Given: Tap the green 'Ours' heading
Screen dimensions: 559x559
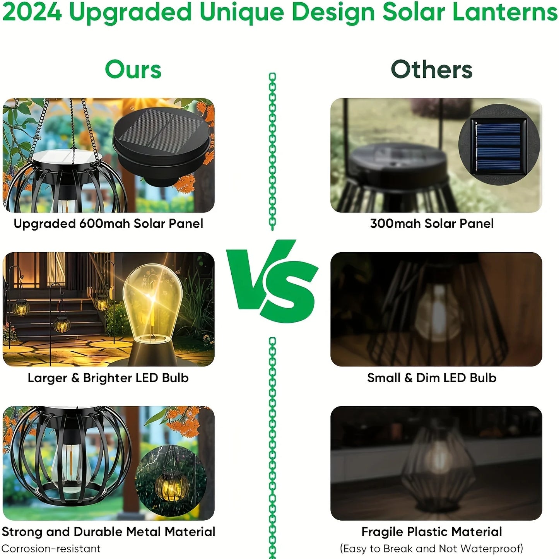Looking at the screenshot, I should point(133,70).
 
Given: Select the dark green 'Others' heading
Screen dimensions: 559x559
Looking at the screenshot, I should point(432,70).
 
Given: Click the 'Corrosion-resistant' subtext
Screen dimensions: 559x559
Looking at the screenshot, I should point(51,549).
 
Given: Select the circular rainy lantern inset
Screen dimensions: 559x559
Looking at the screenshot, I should point(171,481).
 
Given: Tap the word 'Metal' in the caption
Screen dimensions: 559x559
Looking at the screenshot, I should point(144,532).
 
